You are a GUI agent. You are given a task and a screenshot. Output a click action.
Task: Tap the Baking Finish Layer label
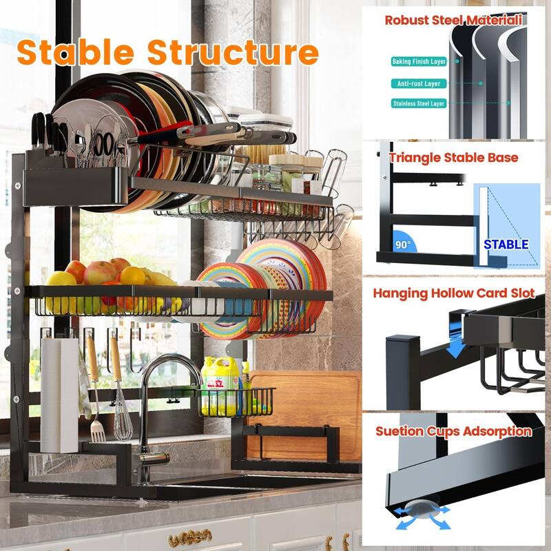click(419, 61)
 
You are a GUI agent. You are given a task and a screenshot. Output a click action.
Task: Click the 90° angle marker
click(402, 244)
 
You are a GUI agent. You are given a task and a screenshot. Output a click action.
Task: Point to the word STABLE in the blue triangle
click(506, 244)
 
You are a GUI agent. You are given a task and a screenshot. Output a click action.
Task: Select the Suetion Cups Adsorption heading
click(454, 431)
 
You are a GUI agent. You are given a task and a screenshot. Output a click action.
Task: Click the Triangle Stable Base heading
click(453, 157)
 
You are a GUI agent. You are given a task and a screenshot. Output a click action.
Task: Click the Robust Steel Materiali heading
click(453, 20)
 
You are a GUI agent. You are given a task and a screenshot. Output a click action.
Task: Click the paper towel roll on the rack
click(60, 393)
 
